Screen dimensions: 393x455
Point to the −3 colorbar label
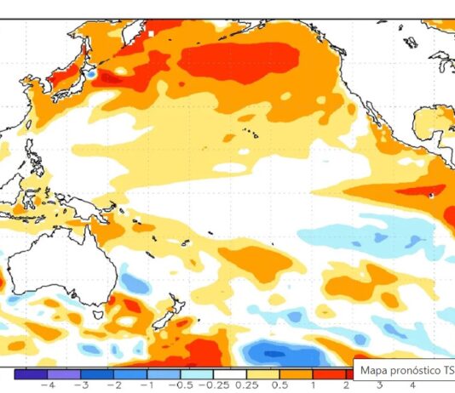pos(84,384)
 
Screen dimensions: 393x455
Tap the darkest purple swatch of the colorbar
pos(32,373)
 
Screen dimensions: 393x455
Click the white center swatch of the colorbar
pos(232,373)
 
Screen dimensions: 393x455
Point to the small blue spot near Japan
pos(91,75)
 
